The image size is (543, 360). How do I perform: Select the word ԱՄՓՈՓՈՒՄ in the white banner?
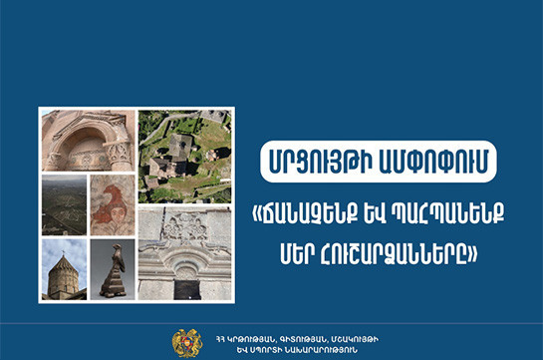(x=431, y=162)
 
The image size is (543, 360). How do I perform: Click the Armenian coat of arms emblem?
(x=187, y=343)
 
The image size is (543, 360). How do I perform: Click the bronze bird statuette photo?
(x=113, y=269)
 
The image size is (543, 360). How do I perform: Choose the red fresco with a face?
(x=113, y=205)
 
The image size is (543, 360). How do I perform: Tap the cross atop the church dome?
(x=64, y=253)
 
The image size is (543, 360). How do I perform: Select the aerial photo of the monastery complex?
(x=185, y=157)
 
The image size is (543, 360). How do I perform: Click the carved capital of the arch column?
(x=120, y=153)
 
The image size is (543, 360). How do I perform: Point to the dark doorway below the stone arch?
(x=187, y=290)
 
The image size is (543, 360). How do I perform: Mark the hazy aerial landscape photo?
(x=64, y=205)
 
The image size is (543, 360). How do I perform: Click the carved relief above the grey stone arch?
(x=185, y=227)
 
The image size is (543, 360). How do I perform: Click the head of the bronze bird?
(x=118, y=248)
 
